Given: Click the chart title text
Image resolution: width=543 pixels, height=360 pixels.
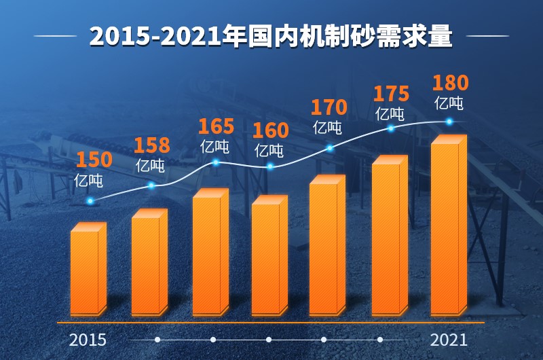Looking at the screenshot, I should pos(271,37).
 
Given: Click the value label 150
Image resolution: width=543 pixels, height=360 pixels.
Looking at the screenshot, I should pos(94,160).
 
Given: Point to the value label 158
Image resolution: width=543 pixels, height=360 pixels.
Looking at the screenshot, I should pos(151,145).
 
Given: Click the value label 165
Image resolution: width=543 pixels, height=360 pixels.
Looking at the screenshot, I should pos(216,126).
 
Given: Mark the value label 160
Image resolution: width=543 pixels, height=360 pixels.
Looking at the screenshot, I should pos(270,130).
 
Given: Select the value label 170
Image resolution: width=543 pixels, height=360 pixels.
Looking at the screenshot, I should pos(329,107).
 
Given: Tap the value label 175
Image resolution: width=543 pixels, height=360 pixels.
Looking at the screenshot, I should pos(391,94).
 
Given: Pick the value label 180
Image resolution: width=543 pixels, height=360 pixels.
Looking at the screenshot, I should pos(450,83).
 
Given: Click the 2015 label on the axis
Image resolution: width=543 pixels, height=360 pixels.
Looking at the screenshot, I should pos(88,340).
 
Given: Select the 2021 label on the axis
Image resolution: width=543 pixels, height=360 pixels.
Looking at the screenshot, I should pos(449,340).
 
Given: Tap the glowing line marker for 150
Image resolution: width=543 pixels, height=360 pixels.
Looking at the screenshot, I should pos(90,201).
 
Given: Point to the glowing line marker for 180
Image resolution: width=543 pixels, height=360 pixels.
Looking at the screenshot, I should pos(449,122).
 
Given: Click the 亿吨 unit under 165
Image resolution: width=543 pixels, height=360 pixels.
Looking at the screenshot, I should pos(214,147).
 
